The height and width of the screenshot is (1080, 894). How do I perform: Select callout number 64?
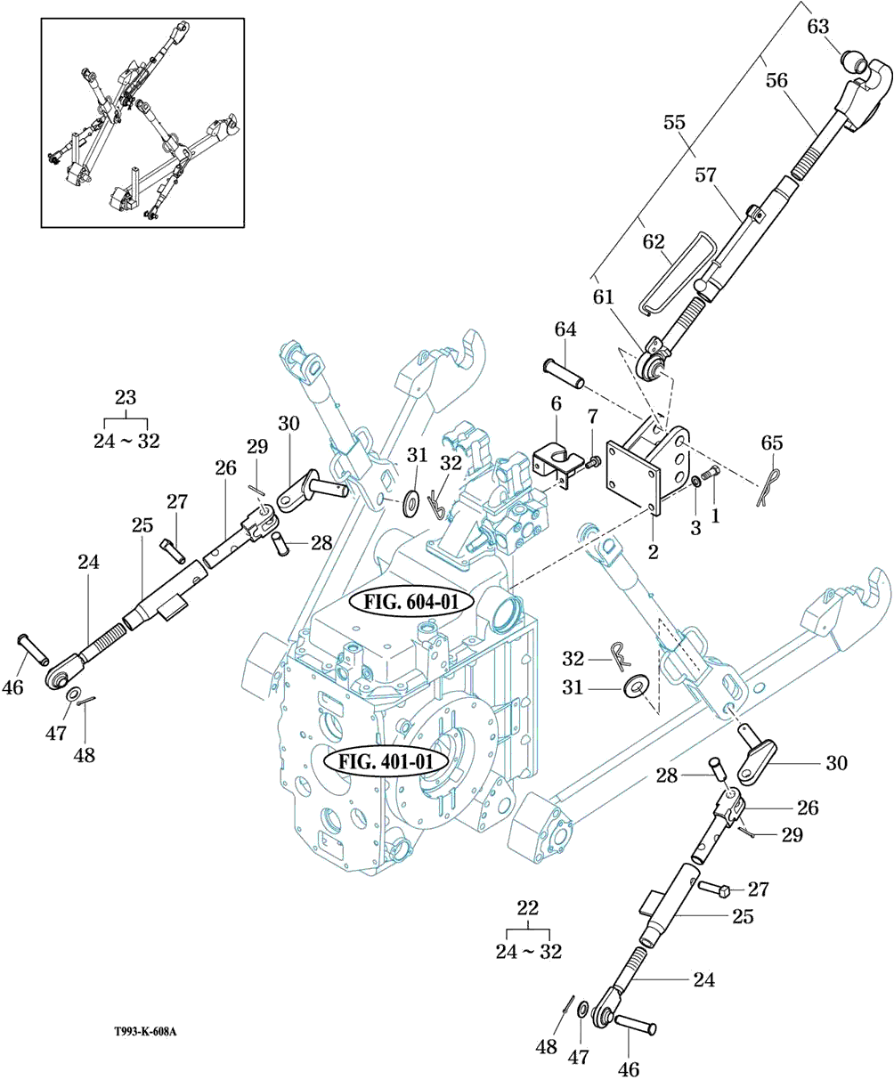point(565,330)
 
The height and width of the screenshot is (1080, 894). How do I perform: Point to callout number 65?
point(772,443)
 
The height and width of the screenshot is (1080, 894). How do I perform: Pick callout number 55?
point(673,122)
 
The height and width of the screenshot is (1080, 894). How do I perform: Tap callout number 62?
point(654,241)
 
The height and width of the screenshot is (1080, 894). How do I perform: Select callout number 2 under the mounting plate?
point(653,552)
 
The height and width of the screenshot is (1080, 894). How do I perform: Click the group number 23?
point(126,398)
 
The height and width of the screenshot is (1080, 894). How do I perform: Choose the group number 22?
point(528,908)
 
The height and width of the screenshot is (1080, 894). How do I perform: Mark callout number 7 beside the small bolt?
point(592,417)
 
